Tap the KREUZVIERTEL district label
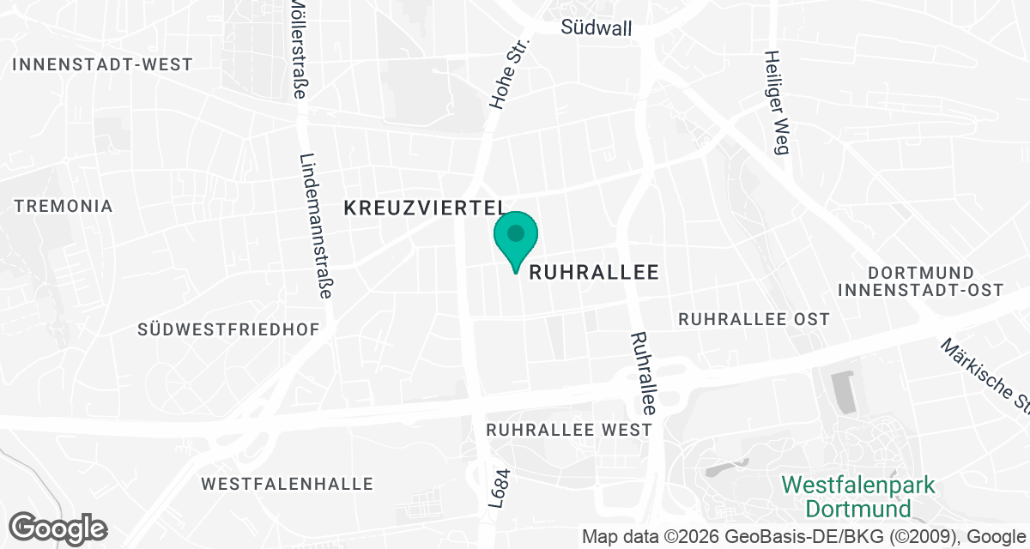point(424,207)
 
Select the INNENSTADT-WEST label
point(104,64)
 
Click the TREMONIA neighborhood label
point(64,206)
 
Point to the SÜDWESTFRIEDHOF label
point(228,329)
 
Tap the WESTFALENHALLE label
point(288,484)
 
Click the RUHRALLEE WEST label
point(569,430)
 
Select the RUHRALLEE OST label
point(754,319)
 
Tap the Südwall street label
point(597,28)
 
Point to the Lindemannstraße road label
point(316,226)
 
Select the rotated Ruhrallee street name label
point(643,374)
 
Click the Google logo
point(58,527)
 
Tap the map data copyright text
point(805,537)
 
